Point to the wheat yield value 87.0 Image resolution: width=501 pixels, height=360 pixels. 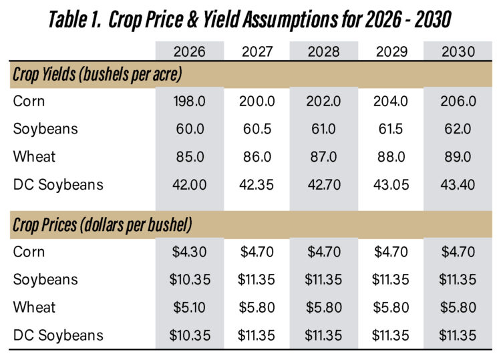click(323, 157)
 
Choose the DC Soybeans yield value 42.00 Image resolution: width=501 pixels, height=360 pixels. click(188, 185)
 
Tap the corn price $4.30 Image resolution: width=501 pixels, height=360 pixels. click(188, 252)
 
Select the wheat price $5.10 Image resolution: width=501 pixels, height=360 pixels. click(188, 307)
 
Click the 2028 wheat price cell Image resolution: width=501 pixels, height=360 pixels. click(323, 307)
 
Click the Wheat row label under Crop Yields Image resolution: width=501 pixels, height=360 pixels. click(34, 157)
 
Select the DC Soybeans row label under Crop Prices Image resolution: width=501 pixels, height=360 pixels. click(58, 335)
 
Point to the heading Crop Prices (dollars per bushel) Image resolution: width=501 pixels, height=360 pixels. click(102, 225)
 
